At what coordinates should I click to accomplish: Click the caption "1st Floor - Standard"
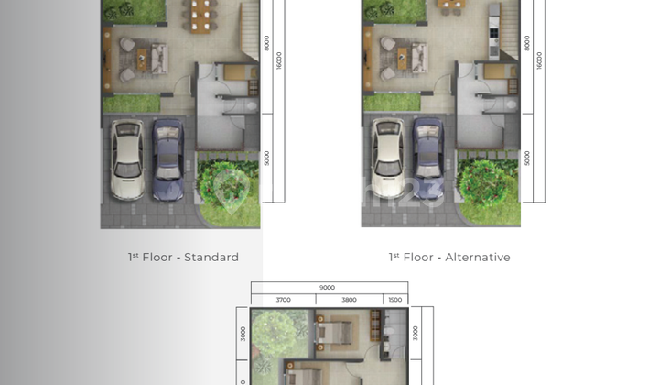[x=183, y=258]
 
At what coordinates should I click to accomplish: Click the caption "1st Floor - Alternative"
[x=449, y=258]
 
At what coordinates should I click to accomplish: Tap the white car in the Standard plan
[x=126, y=159]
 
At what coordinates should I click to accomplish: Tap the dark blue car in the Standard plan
[x=167, y=159]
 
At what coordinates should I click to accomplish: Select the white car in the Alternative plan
[x=388, y=159]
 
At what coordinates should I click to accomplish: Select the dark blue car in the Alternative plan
[x=428, y=159]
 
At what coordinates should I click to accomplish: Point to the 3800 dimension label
[x=348, y=300]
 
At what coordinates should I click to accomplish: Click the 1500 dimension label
[x=394, y=300]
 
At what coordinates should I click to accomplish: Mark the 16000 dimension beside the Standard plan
[x=279, y=59]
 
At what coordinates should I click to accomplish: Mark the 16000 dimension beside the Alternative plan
[x=540, y=59]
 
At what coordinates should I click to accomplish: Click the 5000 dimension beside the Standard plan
[x=266, y=158]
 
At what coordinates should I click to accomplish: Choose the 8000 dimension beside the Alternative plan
[x=527, y=43]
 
